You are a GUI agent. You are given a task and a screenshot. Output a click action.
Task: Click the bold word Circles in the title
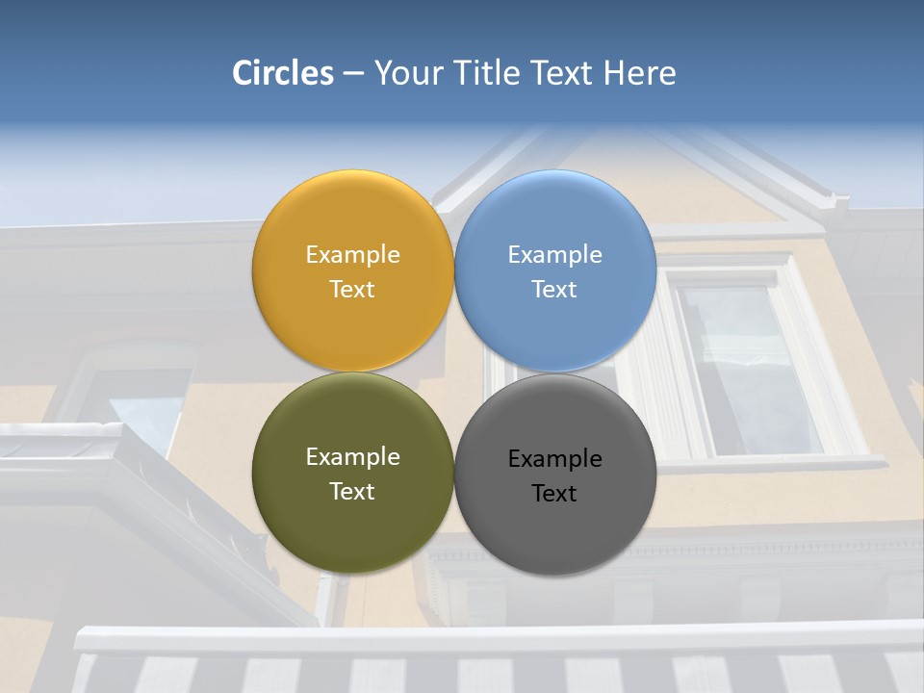click(283, 73)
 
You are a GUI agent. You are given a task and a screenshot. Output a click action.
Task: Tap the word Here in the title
click(639, 73)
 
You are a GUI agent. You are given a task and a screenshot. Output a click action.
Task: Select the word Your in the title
click(407, 73)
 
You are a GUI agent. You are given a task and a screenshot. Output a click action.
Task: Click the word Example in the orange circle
click(352, 255)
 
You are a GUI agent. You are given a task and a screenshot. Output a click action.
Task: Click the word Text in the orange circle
click(352, 290)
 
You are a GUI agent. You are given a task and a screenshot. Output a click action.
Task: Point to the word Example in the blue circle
click(555, 255)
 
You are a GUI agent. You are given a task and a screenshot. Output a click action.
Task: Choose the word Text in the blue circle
click(555, 290)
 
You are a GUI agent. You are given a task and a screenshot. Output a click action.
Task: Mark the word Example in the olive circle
click(352, 457)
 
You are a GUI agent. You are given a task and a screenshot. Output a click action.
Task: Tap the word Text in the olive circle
click(352, 492)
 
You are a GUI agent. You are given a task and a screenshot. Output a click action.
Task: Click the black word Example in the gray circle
click(555, 459)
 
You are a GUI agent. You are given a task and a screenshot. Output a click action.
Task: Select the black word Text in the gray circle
click(555, 494)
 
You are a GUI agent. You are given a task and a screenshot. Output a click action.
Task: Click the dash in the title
click(353, 74)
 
